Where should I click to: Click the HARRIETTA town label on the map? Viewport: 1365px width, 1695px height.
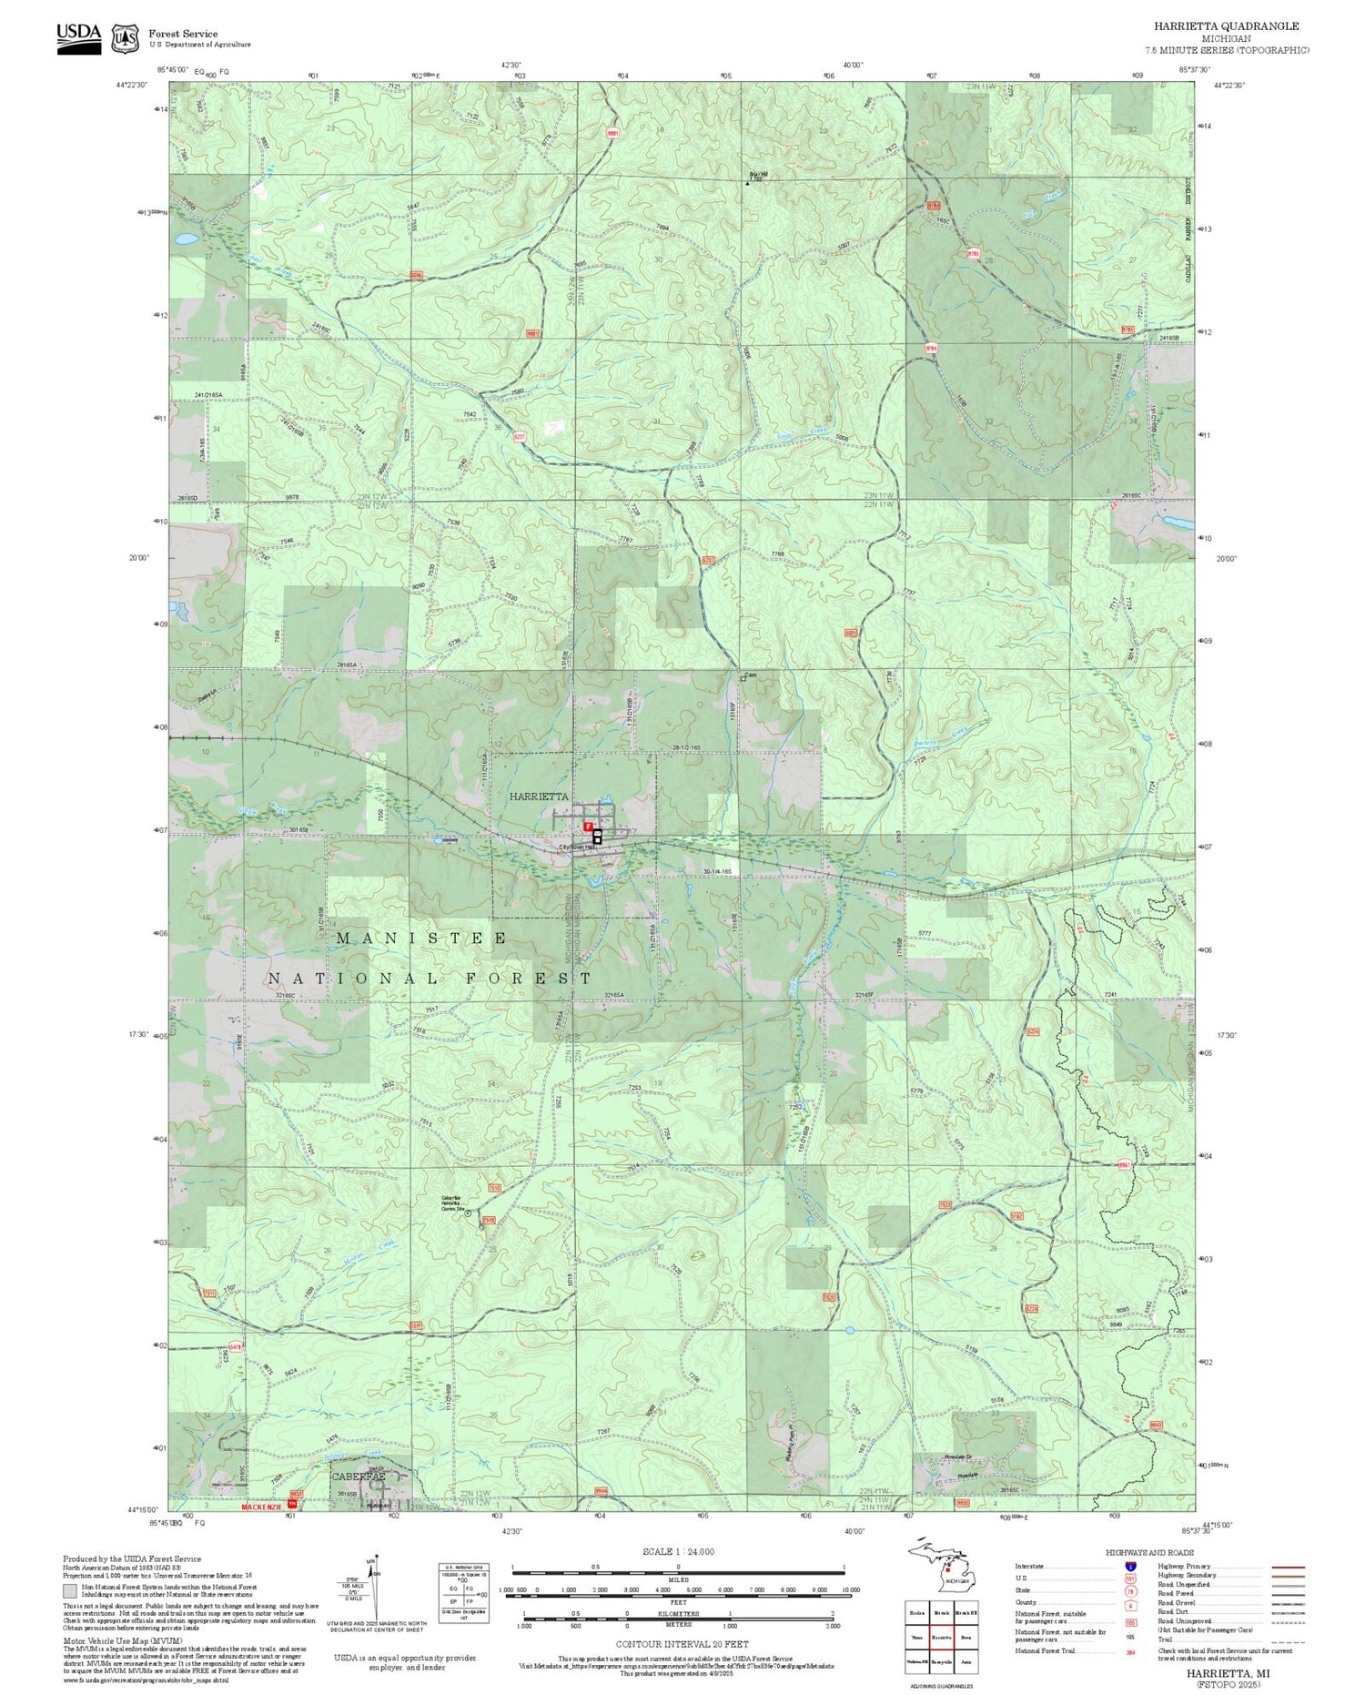pos(539,797)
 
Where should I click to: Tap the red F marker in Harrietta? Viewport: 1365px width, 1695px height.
pos(588,827)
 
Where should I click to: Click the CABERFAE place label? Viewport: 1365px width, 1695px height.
pos(359,1476)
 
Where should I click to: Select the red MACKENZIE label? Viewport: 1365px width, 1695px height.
pos(263,1507)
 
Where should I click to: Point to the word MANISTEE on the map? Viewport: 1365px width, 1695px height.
pos(422,938)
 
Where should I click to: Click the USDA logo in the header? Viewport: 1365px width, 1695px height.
pos(79,37)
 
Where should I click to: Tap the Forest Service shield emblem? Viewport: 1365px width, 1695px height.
pos(125,39)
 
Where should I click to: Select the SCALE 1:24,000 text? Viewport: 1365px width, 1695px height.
pos(678,1552)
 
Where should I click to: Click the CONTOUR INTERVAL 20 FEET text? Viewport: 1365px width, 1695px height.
pos(682,1644)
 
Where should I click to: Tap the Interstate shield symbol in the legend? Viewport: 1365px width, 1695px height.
pos(1131,1567)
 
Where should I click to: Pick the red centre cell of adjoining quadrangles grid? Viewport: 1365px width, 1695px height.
pos(941,1637)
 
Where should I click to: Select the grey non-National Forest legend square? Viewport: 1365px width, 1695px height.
pos(70,1591)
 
